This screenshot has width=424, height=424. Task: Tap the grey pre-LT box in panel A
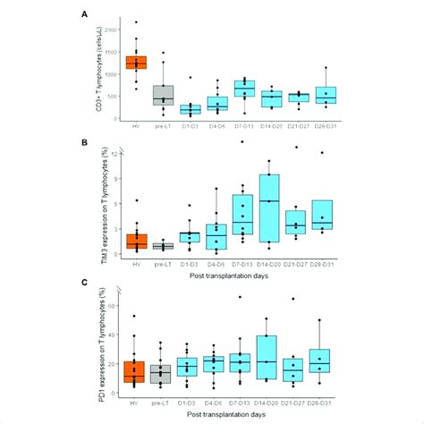point(162,95)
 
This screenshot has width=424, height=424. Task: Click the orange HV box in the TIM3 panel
point(136,241)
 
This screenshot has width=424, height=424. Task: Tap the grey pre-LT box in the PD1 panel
point(162,374)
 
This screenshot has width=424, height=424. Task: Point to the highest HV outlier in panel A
point(136,21)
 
